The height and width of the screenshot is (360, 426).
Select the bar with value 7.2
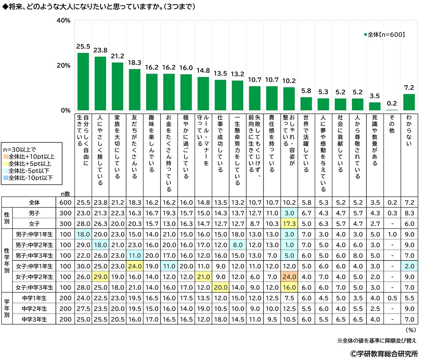(x=409, y=102)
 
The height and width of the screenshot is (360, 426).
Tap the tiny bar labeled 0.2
(x=392, y=110)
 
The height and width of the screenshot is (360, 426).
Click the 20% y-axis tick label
(x=63, y=66)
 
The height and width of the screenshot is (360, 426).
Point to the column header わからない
(x=409, y=132)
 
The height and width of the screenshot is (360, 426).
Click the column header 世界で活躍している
(x=306, y=143)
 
